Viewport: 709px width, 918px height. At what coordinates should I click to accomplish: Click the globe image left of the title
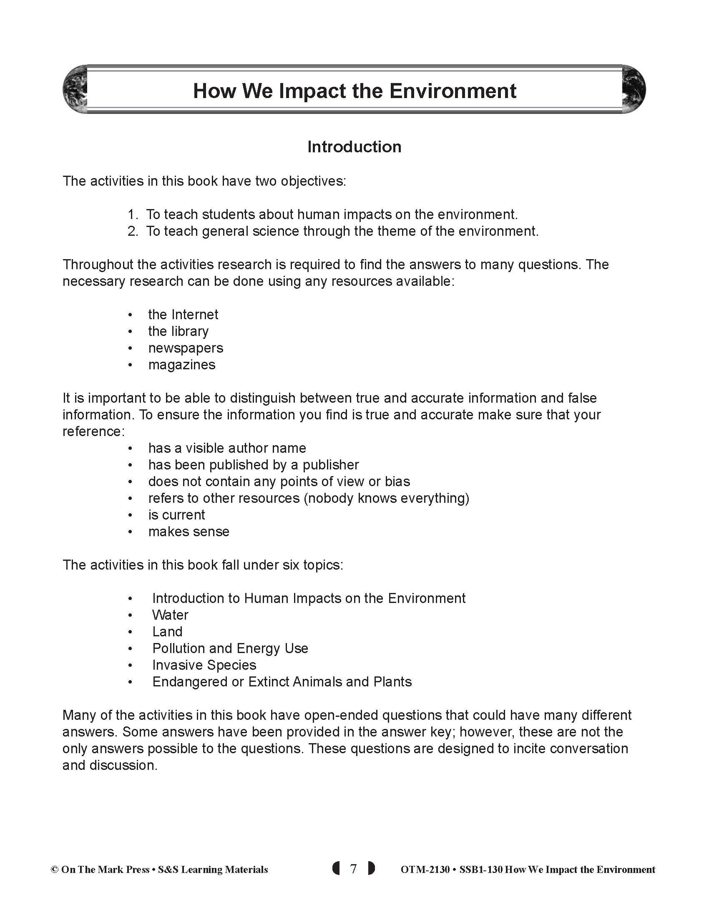[x=75, y=90]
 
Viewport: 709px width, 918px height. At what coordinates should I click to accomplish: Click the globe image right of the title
[x=633, y=90]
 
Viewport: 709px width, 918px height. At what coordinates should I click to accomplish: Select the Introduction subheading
[x=354, y=147]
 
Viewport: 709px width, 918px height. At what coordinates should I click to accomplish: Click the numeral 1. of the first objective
[x=133, y=215]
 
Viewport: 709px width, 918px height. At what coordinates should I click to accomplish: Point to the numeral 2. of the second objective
[x=133, y=232]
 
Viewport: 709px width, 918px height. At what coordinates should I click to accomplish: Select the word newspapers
[x=186, y=348]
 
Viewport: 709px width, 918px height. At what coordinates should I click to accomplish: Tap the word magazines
[x=181, y=365]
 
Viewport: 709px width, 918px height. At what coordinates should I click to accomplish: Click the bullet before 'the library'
[x=130, y=332]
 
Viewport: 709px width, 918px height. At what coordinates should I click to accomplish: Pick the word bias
[x=397, y=481]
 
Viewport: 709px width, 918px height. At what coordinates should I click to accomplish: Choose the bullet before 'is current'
[x=130, y=515]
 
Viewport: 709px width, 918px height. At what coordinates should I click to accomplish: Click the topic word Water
[x=170, y=615]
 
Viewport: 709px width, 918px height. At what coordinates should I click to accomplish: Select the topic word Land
[x=167, y=632]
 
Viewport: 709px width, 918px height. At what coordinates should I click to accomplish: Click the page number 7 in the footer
[x=353, y=869]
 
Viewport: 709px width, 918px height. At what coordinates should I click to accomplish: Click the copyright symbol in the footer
[x=54, y=870]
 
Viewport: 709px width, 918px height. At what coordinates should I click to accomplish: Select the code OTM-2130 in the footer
[x=425, y=870]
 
